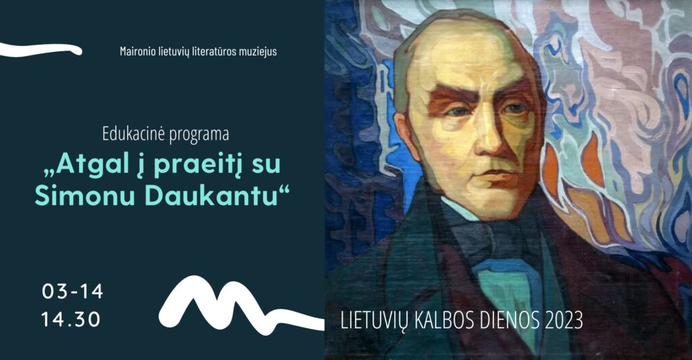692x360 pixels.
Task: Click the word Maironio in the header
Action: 138,51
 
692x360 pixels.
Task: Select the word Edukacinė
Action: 133,134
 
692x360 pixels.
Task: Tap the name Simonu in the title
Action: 84,197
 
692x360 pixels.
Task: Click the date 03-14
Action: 73,292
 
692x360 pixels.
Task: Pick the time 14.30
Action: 71,319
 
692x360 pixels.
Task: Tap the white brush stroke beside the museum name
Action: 41,50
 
